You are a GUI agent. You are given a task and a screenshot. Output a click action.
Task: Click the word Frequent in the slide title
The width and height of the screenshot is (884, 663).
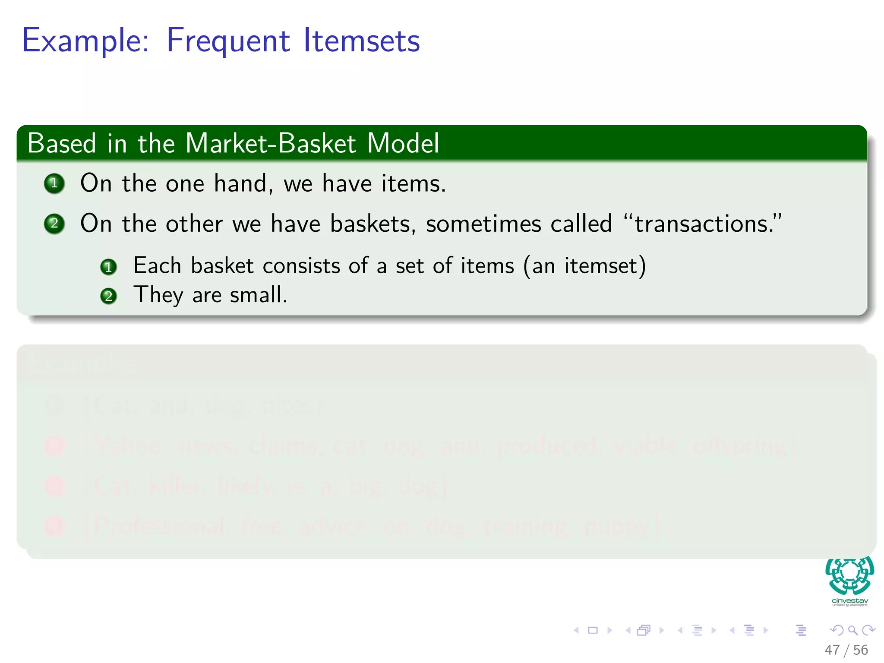pyautogui.click(x=227, y=41)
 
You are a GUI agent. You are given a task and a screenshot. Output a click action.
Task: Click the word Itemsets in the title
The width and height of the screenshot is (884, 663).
pyautogui.click(x=361, y=41)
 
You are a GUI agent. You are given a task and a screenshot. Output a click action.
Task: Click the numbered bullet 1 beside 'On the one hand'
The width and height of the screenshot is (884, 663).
pyautogui.click(x=54, y=183)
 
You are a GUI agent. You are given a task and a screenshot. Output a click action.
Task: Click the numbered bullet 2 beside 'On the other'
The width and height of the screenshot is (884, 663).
pyautogui.click(x=54, y=224)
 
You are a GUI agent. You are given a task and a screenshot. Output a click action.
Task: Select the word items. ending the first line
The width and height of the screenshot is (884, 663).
pyautogui.click(x=413, y=183)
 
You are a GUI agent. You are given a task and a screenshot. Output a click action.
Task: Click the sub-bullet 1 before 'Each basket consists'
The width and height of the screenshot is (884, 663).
pyautogui.click(x=108, y=267)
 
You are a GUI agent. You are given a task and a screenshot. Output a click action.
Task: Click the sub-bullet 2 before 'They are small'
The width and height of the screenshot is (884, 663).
pyautogui.click(x=108, y=296)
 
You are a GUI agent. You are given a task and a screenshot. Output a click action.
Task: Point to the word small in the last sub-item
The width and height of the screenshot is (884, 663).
pyautogui.click(x=258, y=295)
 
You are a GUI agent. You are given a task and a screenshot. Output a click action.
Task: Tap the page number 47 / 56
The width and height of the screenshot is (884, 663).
pyautogui.click(x=846, y=650)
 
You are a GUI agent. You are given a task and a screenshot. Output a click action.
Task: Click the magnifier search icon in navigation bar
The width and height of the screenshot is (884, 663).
pyautogui.click(x=852, y=630)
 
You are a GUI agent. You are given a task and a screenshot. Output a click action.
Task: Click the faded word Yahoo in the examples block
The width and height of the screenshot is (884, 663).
pyautogui.click(x=129, y=445)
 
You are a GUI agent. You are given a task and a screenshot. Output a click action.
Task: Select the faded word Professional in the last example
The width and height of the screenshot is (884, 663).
pyautogui.click(x=159, y=526)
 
